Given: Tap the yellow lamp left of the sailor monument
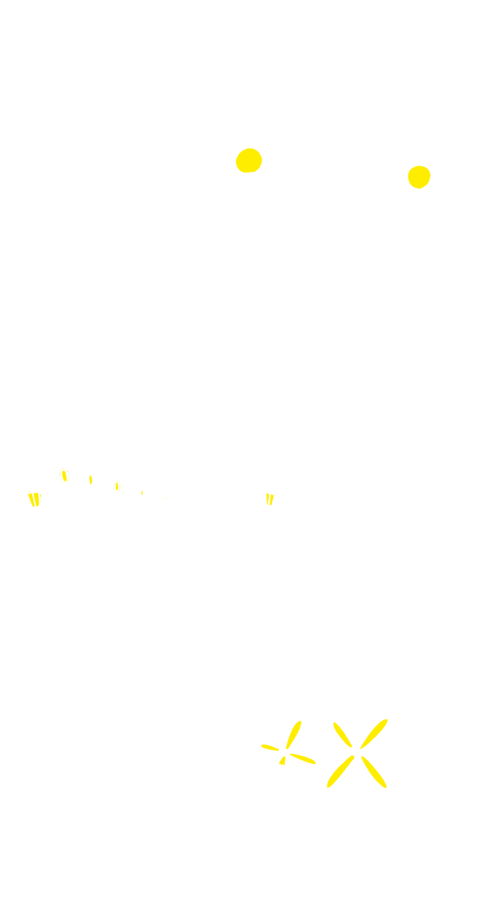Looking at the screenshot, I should pos(249,161).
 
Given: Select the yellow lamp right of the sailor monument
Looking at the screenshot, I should pos(419,177).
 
